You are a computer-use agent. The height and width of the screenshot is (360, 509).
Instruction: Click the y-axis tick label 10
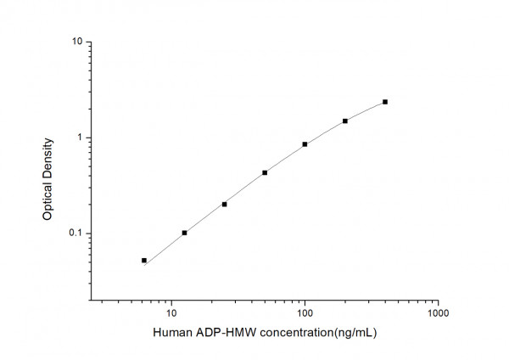pyautogui.click(x=76, y=42)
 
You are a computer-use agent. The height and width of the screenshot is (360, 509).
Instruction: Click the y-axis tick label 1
pyautogui.click(x=78, y=138)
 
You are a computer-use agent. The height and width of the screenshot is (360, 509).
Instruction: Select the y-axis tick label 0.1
pyautogui.click(x=74, y=233)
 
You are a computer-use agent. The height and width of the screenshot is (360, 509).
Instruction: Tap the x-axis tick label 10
pyautogui.click(x=171, y=312)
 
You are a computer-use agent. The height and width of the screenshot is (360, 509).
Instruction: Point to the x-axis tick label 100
pyautogui.click(x=305, y=312)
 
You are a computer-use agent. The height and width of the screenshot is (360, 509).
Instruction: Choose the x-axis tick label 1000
pyautogui.click(x=438, y=312)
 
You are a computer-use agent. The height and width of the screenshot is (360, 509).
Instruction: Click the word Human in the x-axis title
pyautogui.click(x=172, y=333)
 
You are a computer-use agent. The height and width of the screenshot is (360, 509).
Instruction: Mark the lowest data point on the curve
pyautogui.click(x=144, y=261)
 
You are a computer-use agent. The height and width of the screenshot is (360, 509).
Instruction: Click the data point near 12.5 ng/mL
pyautogui.click(x=184, y=233)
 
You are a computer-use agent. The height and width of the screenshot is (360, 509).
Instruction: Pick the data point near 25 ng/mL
pyautogui.click(x=224, y=204)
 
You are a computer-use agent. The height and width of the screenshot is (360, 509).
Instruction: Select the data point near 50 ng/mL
pyautogui.click(x=265, y=172)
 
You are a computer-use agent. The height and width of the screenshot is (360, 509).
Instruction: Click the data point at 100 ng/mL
pyautogui.click(x=305, y=144)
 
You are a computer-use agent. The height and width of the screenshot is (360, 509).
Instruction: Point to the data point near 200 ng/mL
pyautogui.click(x=345, y=121)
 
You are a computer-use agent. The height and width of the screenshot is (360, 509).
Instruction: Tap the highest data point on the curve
pyautogui.click(x=385, y=102)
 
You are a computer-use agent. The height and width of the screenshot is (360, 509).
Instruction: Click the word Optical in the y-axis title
pyautogui.click(x=48, y=201)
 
